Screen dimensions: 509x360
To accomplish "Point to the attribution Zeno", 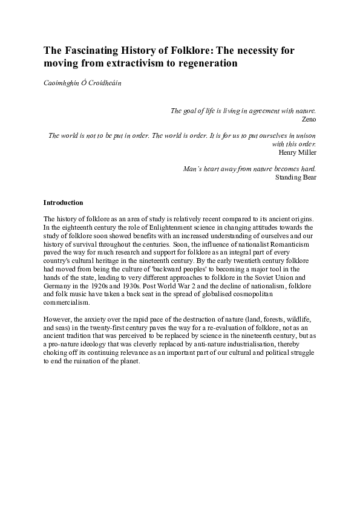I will (309, 119).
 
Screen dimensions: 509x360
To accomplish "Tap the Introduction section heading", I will (64, 203).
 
